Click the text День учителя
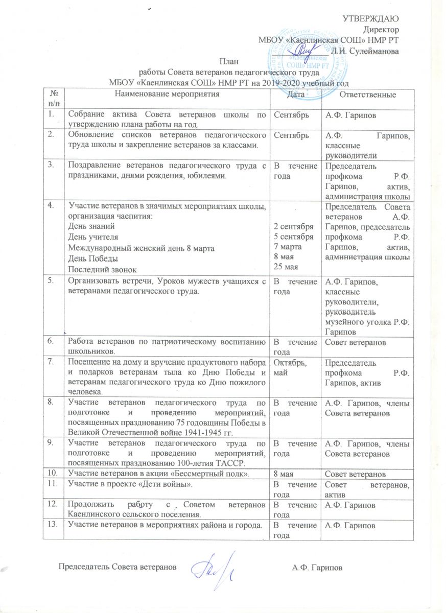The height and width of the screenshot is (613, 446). coord(92,237)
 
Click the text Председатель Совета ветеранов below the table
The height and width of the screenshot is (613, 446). coord(118,567)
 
